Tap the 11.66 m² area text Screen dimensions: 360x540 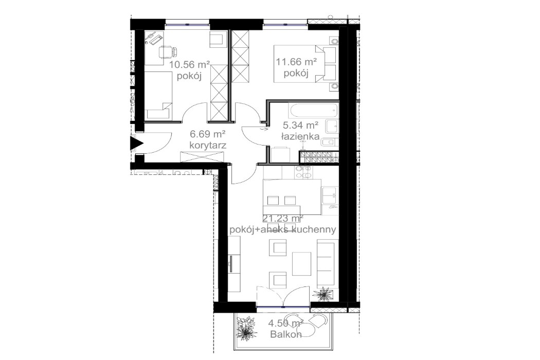tap(296, 62)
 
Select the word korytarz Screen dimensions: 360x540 tap(208, 146)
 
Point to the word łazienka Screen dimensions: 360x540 tap(301, 136)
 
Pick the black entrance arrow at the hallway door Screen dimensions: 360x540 tap(137, 143)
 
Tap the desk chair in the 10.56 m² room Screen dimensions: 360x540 tap(167, 51)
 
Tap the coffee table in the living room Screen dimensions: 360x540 tap(302, 263)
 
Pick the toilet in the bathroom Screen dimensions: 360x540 tap(330, 142)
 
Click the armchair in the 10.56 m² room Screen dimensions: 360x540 tap(217, 40)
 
